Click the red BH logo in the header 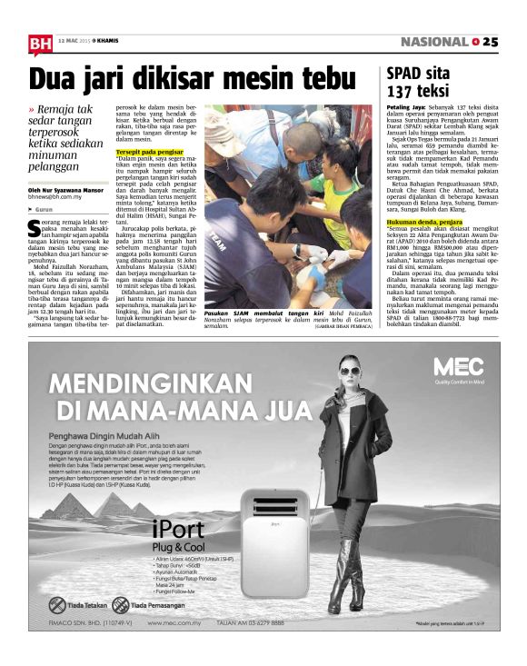(39, 44)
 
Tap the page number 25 (491, 42)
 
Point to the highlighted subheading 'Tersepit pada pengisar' (150, 152)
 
